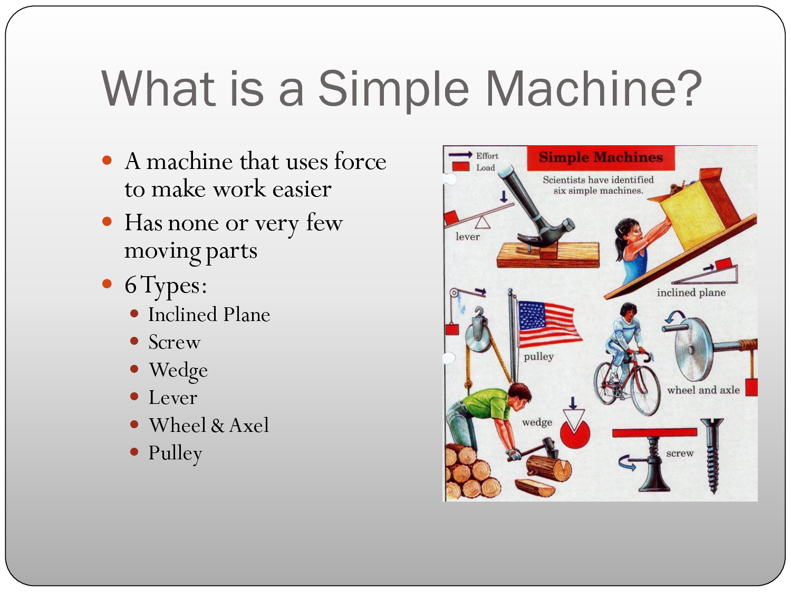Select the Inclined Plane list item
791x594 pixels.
click(x=209, y=315)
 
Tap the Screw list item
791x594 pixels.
click(x=175, y=342)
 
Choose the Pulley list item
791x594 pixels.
click(x=175, y=454)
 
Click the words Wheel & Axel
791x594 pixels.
click(x=209, y=425)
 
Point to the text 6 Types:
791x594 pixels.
click(x=166, y=286)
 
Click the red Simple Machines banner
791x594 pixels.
click(x=601, y=157)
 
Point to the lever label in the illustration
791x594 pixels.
click(x=467, y=237)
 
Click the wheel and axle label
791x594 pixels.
click(x=703, y=390)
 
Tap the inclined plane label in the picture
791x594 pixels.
click(x=691, y=293)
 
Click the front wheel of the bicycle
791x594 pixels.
click(x=645, y=391)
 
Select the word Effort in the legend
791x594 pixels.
click(x=487, y=156)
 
